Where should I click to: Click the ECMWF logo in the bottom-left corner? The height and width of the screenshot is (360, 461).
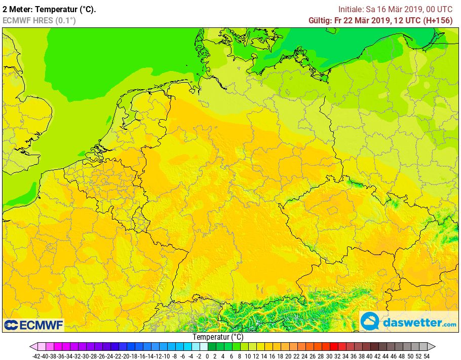[33, 325]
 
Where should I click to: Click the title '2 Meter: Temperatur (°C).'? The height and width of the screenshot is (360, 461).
[49, 9]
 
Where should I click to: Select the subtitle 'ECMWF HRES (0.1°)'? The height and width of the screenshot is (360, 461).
[39, 20]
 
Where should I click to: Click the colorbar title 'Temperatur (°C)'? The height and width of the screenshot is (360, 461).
[218, 337]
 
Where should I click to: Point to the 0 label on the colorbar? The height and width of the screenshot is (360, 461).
[207, 356]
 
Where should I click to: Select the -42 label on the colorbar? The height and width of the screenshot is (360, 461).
[36, 356]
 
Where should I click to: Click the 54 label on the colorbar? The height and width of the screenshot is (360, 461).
[427, 356]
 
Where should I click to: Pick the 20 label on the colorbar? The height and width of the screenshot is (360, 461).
[289, 356]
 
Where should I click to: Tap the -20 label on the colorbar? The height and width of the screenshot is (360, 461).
[126, 356]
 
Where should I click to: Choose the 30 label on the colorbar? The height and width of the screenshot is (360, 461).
[329, 356]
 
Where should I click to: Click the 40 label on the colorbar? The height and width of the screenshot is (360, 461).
[370, 356]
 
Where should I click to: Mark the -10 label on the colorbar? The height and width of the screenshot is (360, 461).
[166, 356]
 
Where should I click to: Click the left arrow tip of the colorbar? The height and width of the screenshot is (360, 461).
[32, 347]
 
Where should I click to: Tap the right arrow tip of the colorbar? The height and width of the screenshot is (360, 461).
[434, 347]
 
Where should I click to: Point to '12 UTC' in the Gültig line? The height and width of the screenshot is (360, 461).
[404, 20]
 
